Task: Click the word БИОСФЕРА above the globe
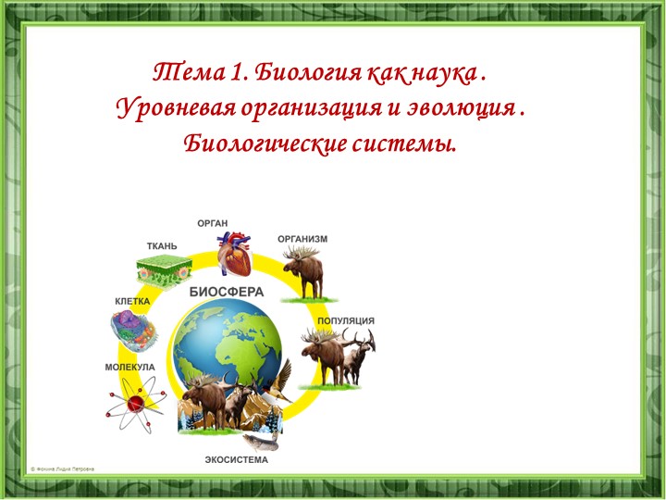point(227,291)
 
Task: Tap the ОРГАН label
point(213,222)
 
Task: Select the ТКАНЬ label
point(162,246)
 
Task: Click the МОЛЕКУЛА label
point(129,368)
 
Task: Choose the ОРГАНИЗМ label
point(302,238)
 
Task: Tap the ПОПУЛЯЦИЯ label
point(346,320)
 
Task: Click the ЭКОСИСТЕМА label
point(236,459)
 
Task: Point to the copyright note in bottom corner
point(62,469)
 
